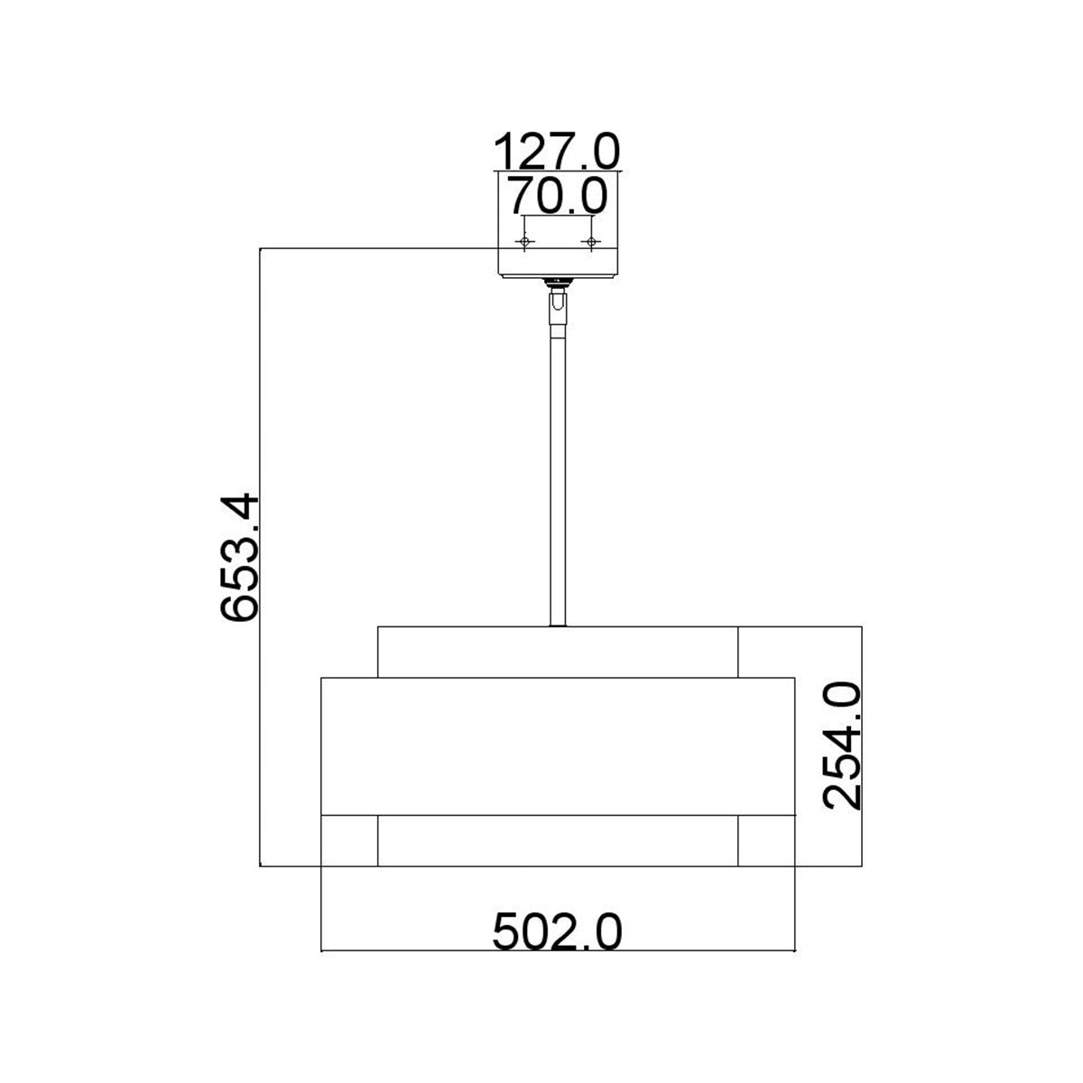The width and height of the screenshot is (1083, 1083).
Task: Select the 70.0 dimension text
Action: tap(557, 195)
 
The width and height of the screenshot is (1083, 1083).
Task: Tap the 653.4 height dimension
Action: tap(240, 558)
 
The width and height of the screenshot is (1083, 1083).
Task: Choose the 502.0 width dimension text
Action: tap(558, 930)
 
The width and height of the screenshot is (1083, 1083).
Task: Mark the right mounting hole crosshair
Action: tap(592, 242)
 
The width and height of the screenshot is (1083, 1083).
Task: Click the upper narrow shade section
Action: tap(558, 651)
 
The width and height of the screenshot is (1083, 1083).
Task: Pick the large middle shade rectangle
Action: tap(558, 745)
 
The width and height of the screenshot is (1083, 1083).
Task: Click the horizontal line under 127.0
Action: tap(558, 170)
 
